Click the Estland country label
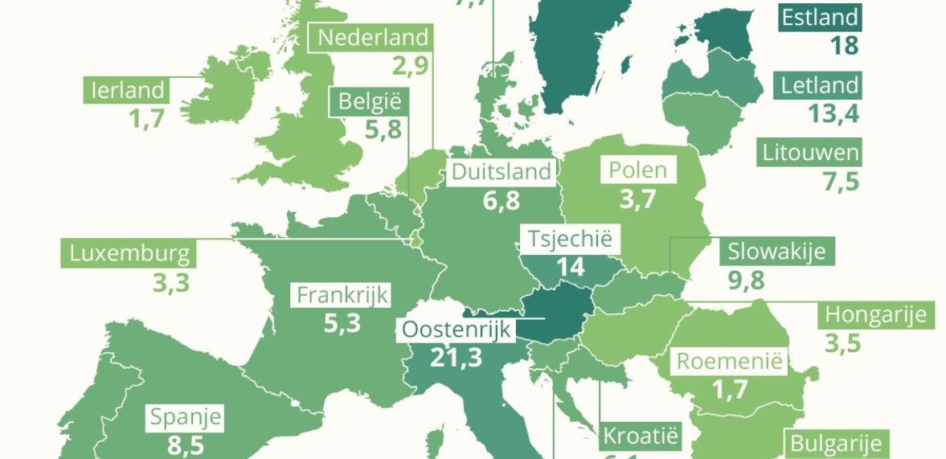point(820,17)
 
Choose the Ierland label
point(128,90)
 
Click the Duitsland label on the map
point(502,172)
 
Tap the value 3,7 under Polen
point(638,199)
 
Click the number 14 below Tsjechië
point(571,267)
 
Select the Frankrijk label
point(342,295)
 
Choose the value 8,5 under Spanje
point(186,445)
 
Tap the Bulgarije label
point(836,444)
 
